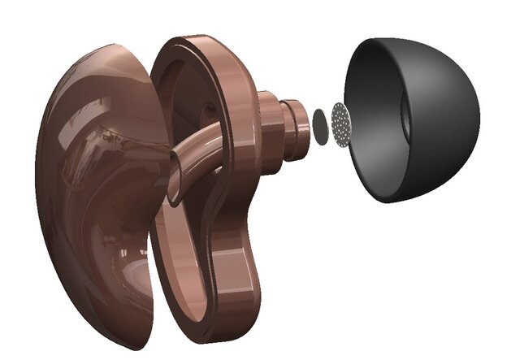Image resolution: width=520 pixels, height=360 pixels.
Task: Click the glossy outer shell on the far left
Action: [89, 179]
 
